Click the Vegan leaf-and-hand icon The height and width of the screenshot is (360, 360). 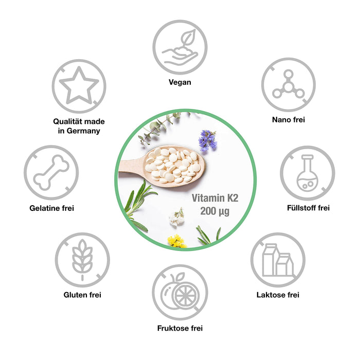click(x=180, y=47)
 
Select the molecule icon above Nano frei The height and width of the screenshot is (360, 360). click(x=287, y=84)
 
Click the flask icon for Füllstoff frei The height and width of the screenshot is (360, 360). click(x=307, y=173)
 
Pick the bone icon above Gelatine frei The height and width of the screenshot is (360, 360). click(x=51, y=172)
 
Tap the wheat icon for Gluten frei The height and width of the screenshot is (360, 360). click(x=82, y=260)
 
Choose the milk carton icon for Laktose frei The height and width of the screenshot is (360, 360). click(x=277, y=260)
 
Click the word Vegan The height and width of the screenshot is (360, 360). click(x=180, y=82)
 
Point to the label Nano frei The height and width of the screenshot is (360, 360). click(x=288, y=120)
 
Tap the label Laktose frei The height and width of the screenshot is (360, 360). click(x=278, y=295)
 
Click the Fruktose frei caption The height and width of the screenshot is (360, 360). click(x=180, y=328)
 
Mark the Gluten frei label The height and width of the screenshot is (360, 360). click(x=82, y=295)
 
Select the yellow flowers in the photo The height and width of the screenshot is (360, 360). click(x=176, y=240)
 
